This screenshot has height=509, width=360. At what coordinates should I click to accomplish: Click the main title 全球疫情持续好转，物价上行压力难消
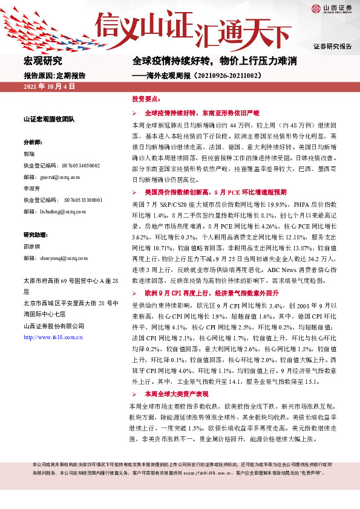click(x=215, y=61)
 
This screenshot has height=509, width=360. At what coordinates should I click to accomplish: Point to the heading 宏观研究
click(x=42, y=61)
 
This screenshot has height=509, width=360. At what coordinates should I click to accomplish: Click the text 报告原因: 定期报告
click(x=54, y=76)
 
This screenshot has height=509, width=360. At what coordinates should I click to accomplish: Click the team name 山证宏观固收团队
click(x=48, y=119)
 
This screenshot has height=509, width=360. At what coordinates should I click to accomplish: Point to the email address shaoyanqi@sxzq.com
click(x=63, y=258)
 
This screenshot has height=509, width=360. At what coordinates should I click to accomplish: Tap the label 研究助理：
click(x=37, y=235)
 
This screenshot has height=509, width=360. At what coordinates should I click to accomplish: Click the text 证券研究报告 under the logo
click(x=332, y=46)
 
